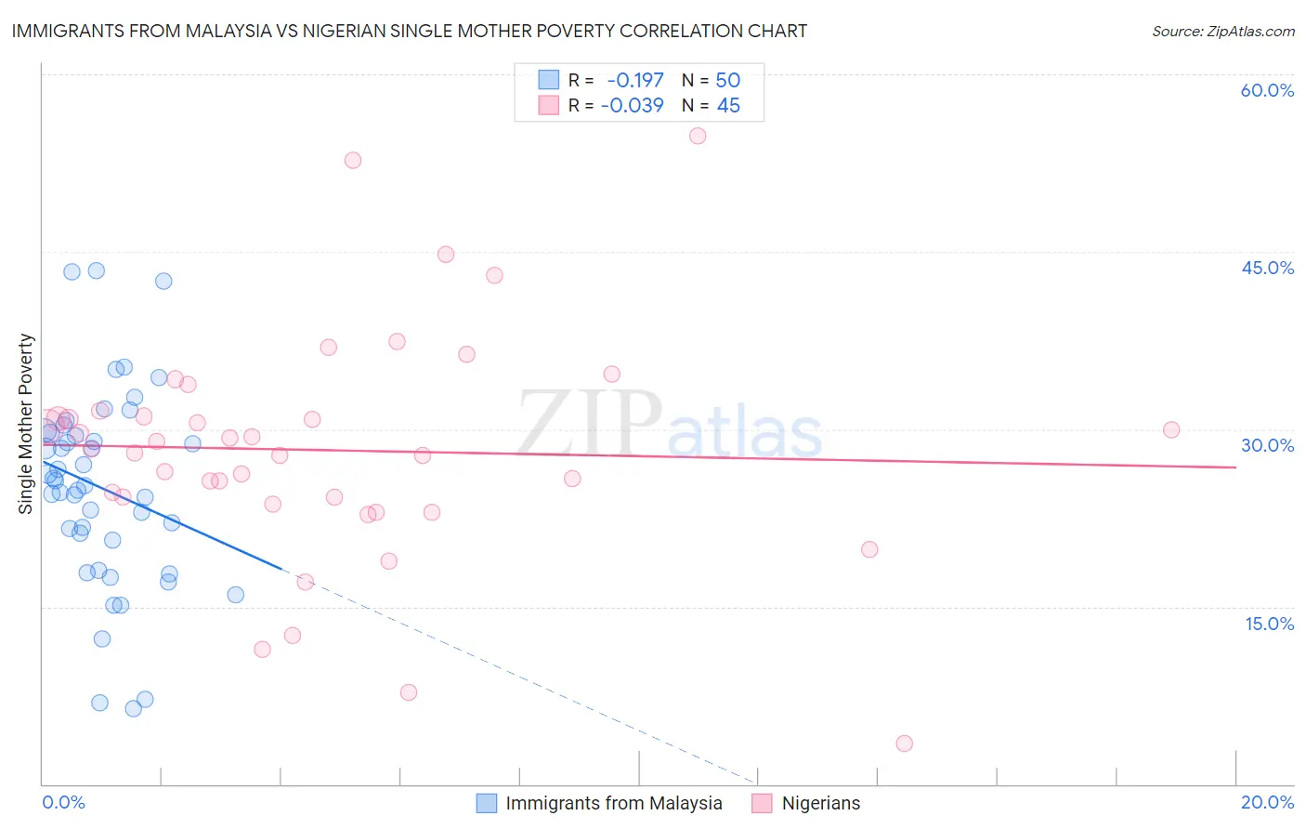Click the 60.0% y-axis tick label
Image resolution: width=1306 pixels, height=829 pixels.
pos(1267,90)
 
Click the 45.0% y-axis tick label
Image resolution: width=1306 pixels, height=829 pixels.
pos(1267,268)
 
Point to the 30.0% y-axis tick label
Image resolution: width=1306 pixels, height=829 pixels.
pos(1267,445)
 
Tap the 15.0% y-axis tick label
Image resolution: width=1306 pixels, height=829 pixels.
pos(1269,624)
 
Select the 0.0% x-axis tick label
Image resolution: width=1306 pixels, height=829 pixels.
pos(63,802)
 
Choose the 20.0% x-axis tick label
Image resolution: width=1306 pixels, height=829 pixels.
pos(1267,802)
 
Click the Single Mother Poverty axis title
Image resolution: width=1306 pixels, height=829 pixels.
pos(26,424)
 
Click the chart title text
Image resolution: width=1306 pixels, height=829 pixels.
pos(410,31)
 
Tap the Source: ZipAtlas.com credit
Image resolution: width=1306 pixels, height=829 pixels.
pos(1222,31)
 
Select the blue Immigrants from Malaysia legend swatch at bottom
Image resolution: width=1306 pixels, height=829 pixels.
pos(487,803)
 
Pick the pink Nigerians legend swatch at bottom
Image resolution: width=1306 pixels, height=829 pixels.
pos(762,803)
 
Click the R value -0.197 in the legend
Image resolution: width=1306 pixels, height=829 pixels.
pos(635,80)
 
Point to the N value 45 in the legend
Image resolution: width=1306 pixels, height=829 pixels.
pos(728,106)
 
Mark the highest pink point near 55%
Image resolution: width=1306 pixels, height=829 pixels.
pos(698,136)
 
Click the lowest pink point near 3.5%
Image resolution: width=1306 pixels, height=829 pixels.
pos(904,743)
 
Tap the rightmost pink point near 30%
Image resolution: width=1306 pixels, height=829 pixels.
pos(1171,429)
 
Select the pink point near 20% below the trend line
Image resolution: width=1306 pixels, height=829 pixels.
pos(869,549)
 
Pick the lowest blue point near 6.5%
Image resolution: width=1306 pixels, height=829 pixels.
pos(133,708)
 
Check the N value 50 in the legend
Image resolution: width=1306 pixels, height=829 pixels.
pos(727,80)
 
